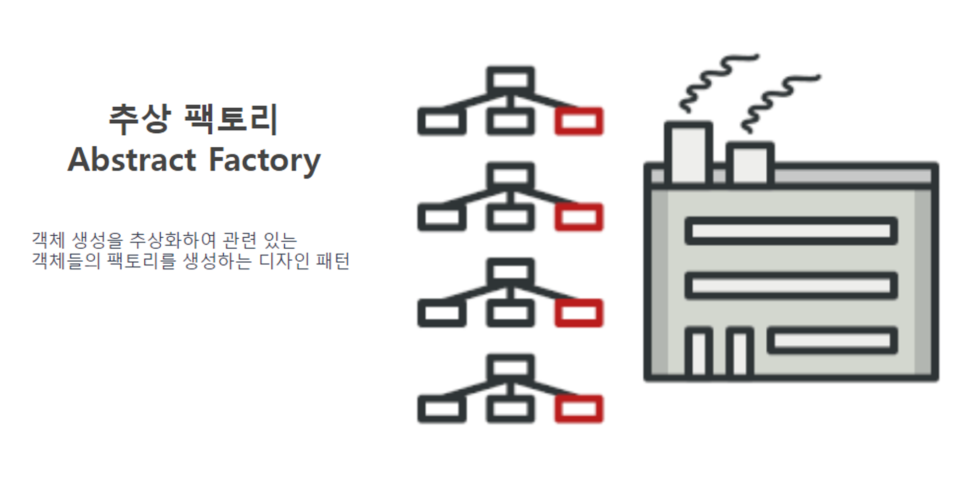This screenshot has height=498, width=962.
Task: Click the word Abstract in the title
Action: pyautogui.click(x=132, y=160)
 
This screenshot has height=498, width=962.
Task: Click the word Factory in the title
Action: pyautogui.click(x=265, y=161)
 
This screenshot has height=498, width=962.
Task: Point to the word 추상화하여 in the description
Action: pyautogui.click(x=173, y=240)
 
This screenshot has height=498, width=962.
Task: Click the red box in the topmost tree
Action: pyautogui.click(x=579, y=121)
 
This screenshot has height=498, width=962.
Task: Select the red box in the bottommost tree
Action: pyautogui.click(x=579, y=409)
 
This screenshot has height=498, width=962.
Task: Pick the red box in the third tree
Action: pyautogui.click(x=579, y=313)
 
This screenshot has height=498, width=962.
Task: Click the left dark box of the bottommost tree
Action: pyautogui.click(x=442, y=409)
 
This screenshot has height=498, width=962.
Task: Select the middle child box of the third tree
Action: pyautogui.click(x=510, y=313)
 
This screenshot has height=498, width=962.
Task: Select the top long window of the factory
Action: pyautogui.click(x=791, y=231)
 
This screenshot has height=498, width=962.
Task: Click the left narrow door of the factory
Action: pyautogui.click(x=698, y=352)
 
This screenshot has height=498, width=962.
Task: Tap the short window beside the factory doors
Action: pyautogui.click(x=832, y=341)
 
